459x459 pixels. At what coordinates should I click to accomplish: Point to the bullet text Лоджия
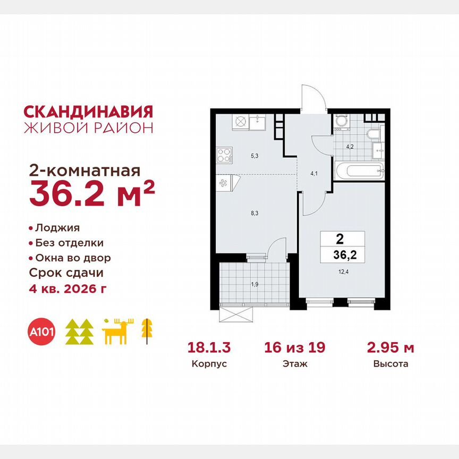[57, 228]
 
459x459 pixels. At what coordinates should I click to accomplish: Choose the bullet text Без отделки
[69, 243]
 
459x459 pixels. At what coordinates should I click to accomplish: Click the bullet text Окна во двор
[73, 258]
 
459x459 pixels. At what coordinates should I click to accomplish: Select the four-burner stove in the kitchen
[224, 155]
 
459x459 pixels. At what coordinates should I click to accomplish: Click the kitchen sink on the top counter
[260, 122]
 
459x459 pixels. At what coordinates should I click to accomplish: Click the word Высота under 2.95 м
[390, 364]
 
